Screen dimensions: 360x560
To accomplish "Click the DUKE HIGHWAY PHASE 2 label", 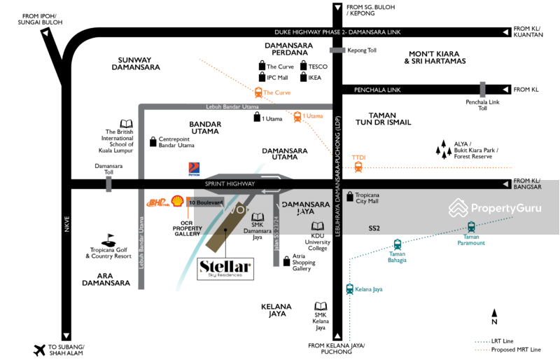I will (x=337, y=32).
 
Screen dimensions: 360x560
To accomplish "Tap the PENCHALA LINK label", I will (x=377, y=90).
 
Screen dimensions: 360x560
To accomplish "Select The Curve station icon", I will (x=258, y=92).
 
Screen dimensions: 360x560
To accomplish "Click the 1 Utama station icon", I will (x=297, y=116).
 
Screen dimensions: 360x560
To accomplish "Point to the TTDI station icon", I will (x=358, y=167).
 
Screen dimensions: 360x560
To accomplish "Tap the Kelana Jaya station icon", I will (x=349, y=289).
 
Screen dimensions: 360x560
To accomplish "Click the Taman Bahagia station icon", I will (x=398, y=244).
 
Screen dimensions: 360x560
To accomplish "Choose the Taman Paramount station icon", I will (x=471, y=227).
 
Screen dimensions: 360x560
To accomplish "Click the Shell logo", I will (x=178, y=201).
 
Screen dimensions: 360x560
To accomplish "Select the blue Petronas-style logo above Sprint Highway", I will (x=194, y=169).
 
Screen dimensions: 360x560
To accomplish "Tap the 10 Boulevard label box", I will (x=205, y=202).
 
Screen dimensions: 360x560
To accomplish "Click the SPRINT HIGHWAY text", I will (x=230, y=184).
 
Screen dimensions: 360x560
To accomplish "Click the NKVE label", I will (x=67, y=224).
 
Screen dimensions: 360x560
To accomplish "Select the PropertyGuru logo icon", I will (x=458, y=208).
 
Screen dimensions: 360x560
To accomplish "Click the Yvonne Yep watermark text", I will (x=261, y=209).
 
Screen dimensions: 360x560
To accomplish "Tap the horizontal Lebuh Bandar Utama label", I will (x=232, y=107).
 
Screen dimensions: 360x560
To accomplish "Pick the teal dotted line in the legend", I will (x=482, y=342).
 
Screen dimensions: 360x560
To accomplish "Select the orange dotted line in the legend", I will (x=482, y=349).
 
